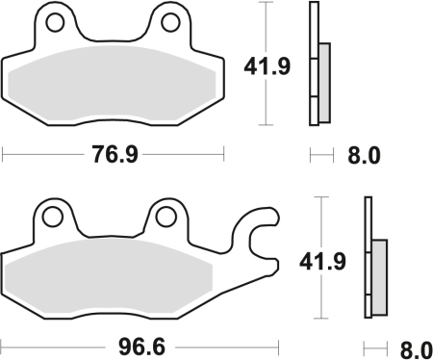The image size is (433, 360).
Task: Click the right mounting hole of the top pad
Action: tap(170, 21)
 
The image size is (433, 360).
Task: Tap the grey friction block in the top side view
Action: tap(323, 82)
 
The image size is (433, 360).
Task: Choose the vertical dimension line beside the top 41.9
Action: tap(265, 96)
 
